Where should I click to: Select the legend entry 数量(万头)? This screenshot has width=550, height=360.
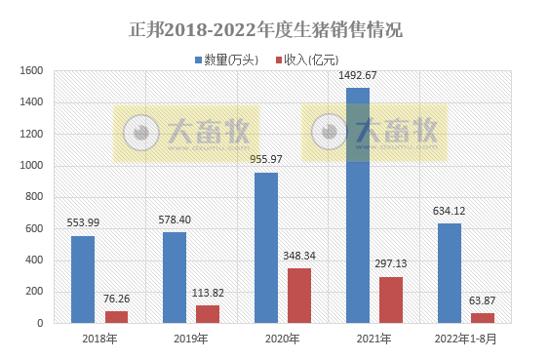click(230, 60)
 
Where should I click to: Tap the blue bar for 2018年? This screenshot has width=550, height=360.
click(83, 279)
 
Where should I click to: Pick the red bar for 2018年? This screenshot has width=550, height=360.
click(116, 316)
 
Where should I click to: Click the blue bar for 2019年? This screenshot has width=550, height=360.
click(175, 277)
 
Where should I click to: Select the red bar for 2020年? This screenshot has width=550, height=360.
click(299, 295)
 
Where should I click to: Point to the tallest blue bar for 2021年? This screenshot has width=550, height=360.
click(358, 205)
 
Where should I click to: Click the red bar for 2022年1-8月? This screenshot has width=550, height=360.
click(483, 317)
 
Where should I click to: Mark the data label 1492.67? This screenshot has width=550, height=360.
click(358, 76)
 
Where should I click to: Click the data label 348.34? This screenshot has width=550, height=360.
click(299, 256)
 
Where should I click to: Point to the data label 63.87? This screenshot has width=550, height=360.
click(483, 300)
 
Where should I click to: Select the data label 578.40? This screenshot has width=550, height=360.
click(175, 220)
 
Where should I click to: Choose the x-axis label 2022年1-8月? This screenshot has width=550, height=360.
click(466, 339)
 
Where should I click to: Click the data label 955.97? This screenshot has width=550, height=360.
click(266, 160)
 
